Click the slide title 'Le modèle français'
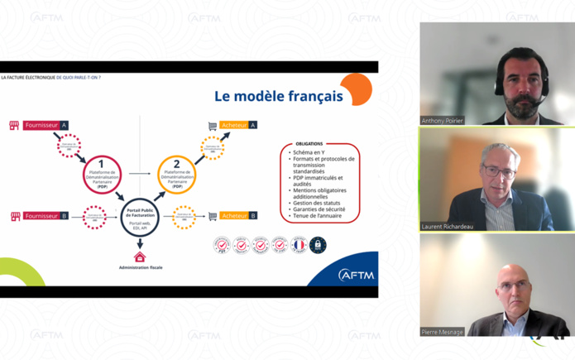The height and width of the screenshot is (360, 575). (278, 96)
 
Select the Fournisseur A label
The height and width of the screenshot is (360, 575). (46, 126)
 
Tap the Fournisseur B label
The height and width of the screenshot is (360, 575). (46, 216)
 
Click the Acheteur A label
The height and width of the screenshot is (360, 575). (239, 125)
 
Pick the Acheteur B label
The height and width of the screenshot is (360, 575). (239, 216)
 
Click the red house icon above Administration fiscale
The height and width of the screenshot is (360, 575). (139, 257)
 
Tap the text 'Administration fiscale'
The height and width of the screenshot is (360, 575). (139, 268)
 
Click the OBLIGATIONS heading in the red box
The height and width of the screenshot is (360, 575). (309, 144)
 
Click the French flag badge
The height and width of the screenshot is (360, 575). (299, 245)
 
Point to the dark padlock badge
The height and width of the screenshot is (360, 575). (318, 245)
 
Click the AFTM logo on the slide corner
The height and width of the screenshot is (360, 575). (353, 275)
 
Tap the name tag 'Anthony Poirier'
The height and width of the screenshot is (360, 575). (443, 121)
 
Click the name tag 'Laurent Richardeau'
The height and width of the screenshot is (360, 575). (448, 226)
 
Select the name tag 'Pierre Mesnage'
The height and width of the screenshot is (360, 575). (443, 332)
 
